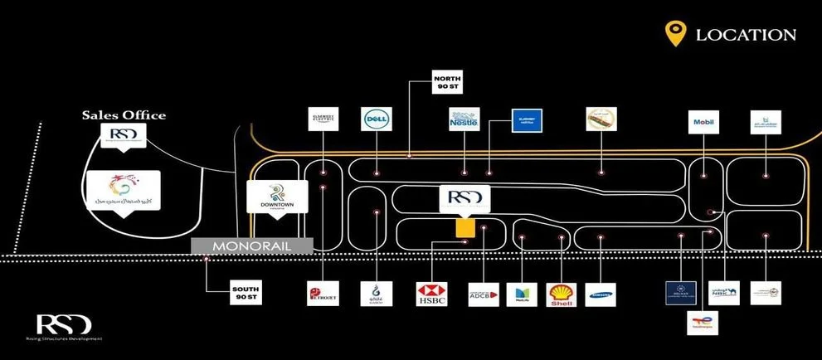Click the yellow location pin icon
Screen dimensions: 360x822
pos(676,33)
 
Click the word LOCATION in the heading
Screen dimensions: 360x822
pos(746,35)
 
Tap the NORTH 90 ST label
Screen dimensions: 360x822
pos(446,84)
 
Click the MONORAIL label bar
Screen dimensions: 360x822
pos(251,246)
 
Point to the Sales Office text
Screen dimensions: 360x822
pos(124,115)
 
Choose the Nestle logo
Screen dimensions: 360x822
pos(465,120)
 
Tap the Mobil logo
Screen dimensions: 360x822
pos(702,124)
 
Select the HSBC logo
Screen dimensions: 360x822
pos(432,294)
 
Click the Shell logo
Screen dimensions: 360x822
pos(562,294)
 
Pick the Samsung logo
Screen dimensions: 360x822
pos(601,294)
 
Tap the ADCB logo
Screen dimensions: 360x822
pos(484,294)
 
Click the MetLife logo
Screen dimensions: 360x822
pos(523,294)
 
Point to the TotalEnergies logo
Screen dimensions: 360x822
pos(703,321)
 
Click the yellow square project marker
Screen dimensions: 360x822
pos(465,227)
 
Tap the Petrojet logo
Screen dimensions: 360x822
pos(322,294)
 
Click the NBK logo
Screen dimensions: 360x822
pos(724,294)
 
